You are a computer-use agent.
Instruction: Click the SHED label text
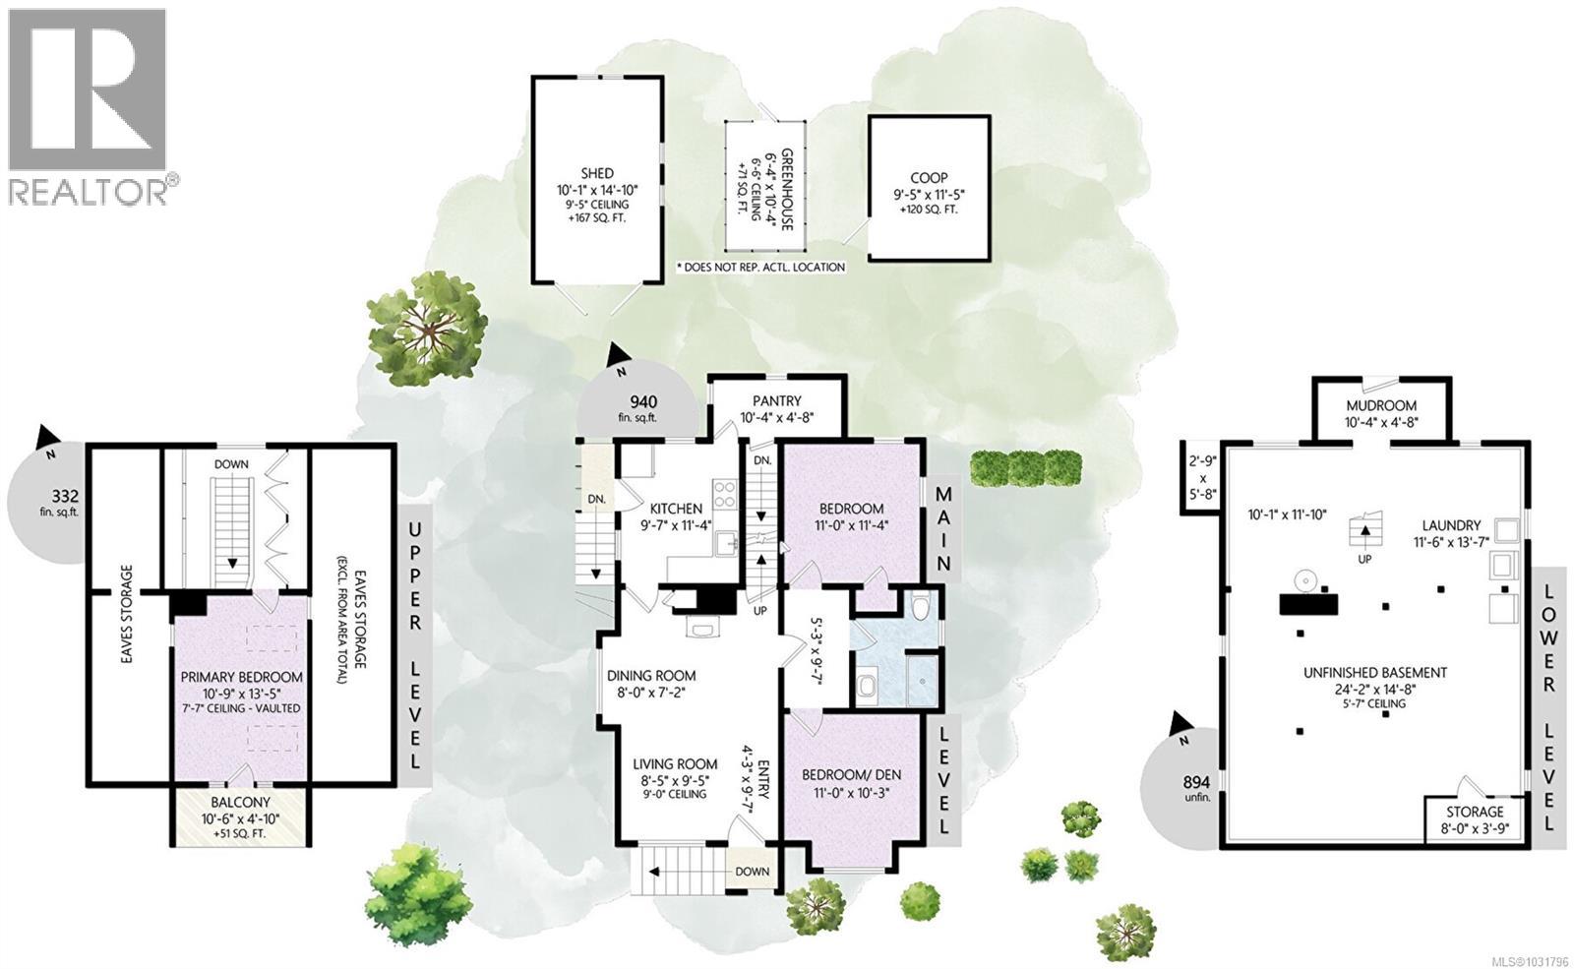(x=597, y=174)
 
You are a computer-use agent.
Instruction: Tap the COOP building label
(x=928, y=178)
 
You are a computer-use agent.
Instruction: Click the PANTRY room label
(x=777, y=400)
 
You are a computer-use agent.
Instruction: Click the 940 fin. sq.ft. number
(x=643, y=401)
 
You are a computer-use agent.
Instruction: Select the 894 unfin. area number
(x=1196, y=782)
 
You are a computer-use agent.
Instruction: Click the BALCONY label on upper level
(x=241, y=803)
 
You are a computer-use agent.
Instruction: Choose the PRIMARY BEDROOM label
(x=241, y=677)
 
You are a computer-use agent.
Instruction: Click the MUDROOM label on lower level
(x=1381, y=405)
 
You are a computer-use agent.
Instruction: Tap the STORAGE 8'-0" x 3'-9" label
(x=1474, y=812)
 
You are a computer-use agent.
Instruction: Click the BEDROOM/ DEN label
(x=851, y=773)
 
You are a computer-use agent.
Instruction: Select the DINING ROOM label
(x=651, y=676)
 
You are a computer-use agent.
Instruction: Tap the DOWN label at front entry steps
(x=753, y=871)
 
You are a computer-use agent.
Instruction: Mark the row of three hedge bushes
(x=1025, y=467)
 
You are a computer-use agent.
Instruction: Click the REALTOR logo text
(x=89, y=190)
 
